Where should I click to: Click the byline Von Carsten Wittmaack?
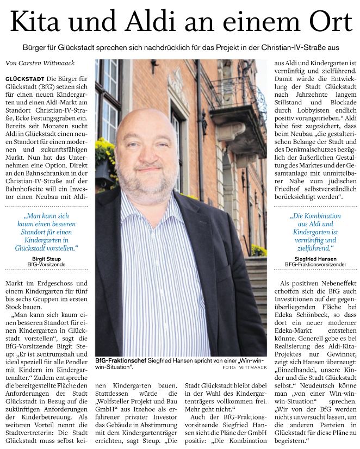pos(37,64)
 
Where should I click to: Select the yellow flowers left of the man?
pos(105,149)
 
